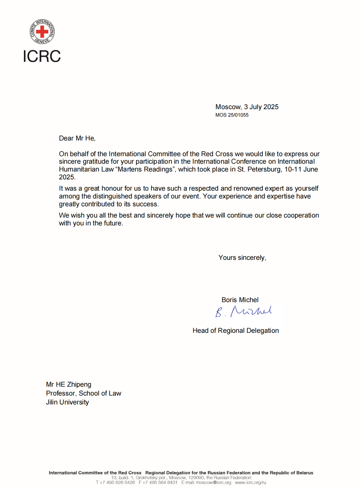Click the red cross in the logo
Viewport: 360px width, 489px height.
(x=42, y=32)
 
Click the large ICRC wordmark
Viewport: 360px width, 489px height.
(x=42, y=56)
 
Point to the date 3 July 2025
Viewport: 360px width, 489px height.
(x=261, y=107)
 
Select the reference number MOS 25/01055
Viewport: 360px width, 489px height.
(x=232, y=115)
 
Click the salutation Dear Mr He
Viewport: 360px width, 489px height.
(x=77, y=138)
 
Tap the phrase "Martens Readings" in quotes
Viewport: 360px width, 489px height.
(x=145, y=169)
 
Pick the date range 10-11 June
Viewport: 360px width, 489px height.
(x=301, y=169)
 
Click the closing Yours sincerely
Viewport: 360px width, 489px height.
(x=242, y=258)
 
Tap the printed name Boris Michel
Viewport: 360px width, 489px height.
(x=240, y=300)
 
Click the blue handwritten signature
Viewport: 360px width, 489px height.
(x=243, y=311)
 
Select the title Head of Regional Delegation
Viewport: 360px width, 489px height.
(x=236, y=330)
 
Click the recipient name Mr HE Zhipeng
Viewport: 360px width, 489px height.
(x=69, y=384)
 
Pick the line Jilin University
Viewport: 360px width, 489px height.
(x=67, y=402)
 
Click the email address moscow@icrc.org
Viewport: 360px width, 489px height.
(x=213, y=483)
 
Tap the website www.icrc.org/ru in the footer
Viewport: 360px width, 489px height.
(x=251, y=483)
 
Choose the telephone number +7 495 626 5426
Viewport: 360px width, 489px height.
(x=117, y=483)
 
